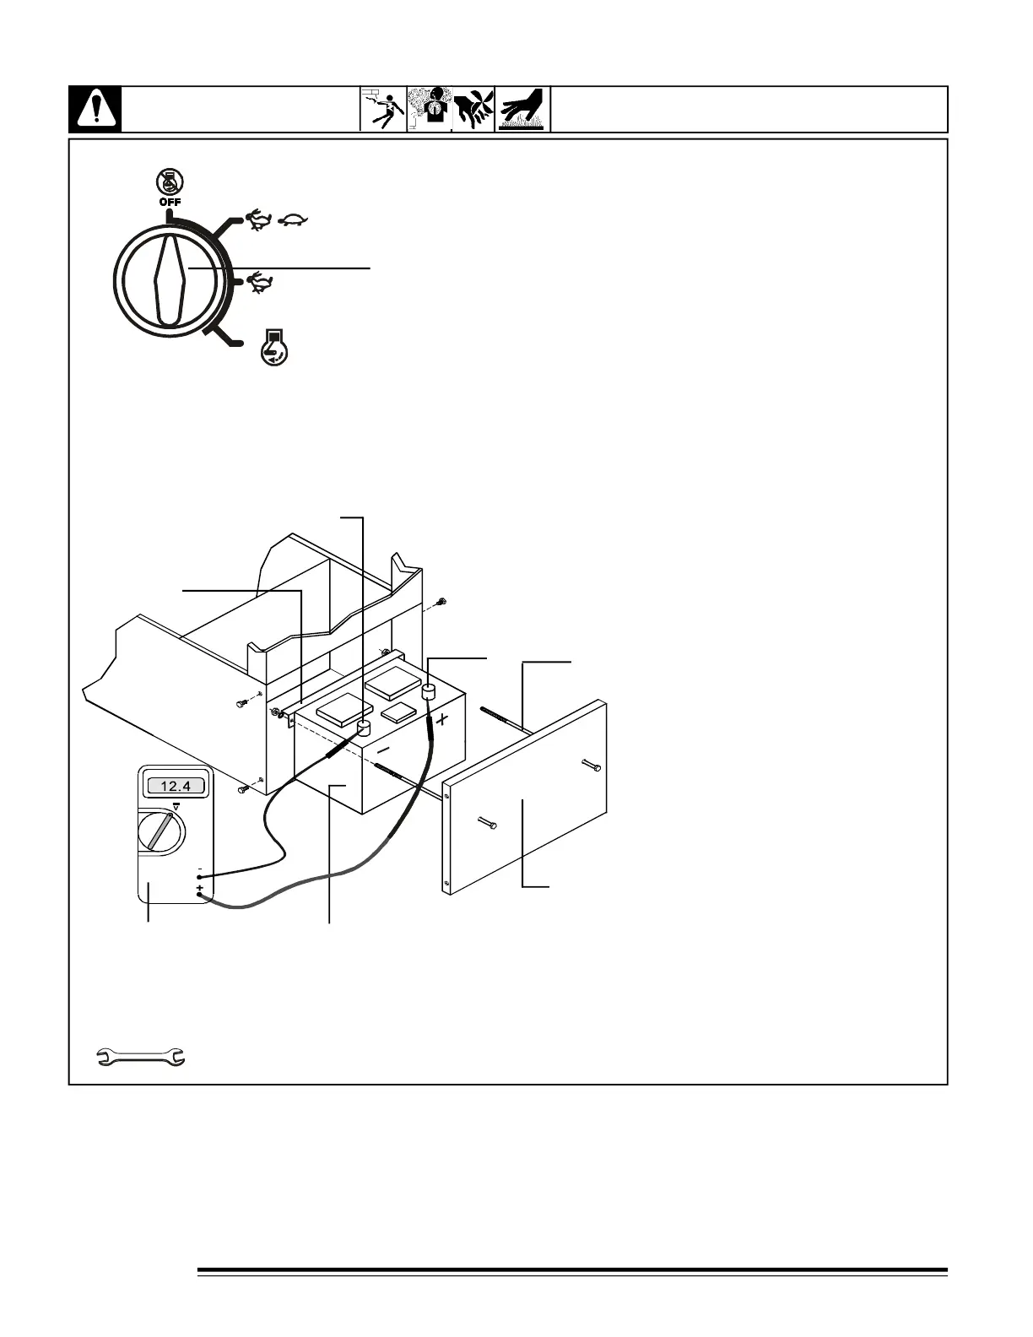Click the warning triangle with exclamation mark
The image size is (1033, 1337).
tap(95, 110)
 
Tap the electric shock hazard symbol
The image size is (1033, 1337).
tap(383, 110)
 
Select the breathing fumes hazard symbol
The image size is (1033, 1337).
tap(430, 110)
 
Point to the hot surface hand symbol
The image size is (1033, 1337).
tap(522, 110)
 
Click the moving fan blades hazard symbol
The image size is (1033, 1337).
tap(473, 110)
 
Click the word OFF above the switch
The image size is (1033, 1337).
tap(170, 202)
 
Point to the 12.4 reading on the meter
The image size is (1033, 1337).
tap(176, 787)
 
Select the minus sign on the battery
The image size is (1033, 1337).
tap(383, 748)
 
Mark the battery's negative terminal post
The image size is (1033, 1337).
tap(365, 728)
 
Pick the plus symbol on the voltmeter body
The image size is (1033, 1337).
tap(199, 889)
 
